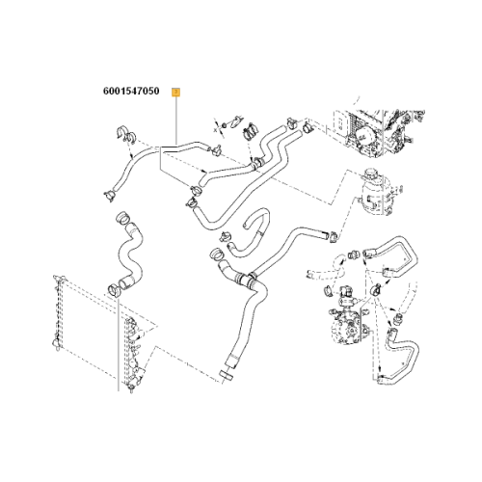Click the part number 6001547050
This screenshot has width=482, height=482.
tap(131, 91)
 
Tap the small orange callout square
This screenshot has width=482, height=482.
tap(176, 93)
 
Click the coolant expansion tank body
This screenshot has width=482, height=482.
tap(376, 196)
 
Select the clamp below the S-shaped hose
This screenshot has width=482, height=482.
tap(113, 290)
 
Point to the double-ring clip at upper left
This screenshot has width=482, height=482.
tap(125, 134)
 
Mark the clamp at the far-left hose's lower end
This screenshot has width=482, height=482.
tap(109, 195)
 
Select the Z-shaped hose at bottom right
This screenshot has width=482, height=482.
tap(400, 357)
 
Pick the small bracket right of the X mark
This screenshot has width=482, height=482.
tap(235, 121)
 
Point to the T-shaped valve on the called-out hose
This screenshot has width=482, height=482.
tap(215, 149)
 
